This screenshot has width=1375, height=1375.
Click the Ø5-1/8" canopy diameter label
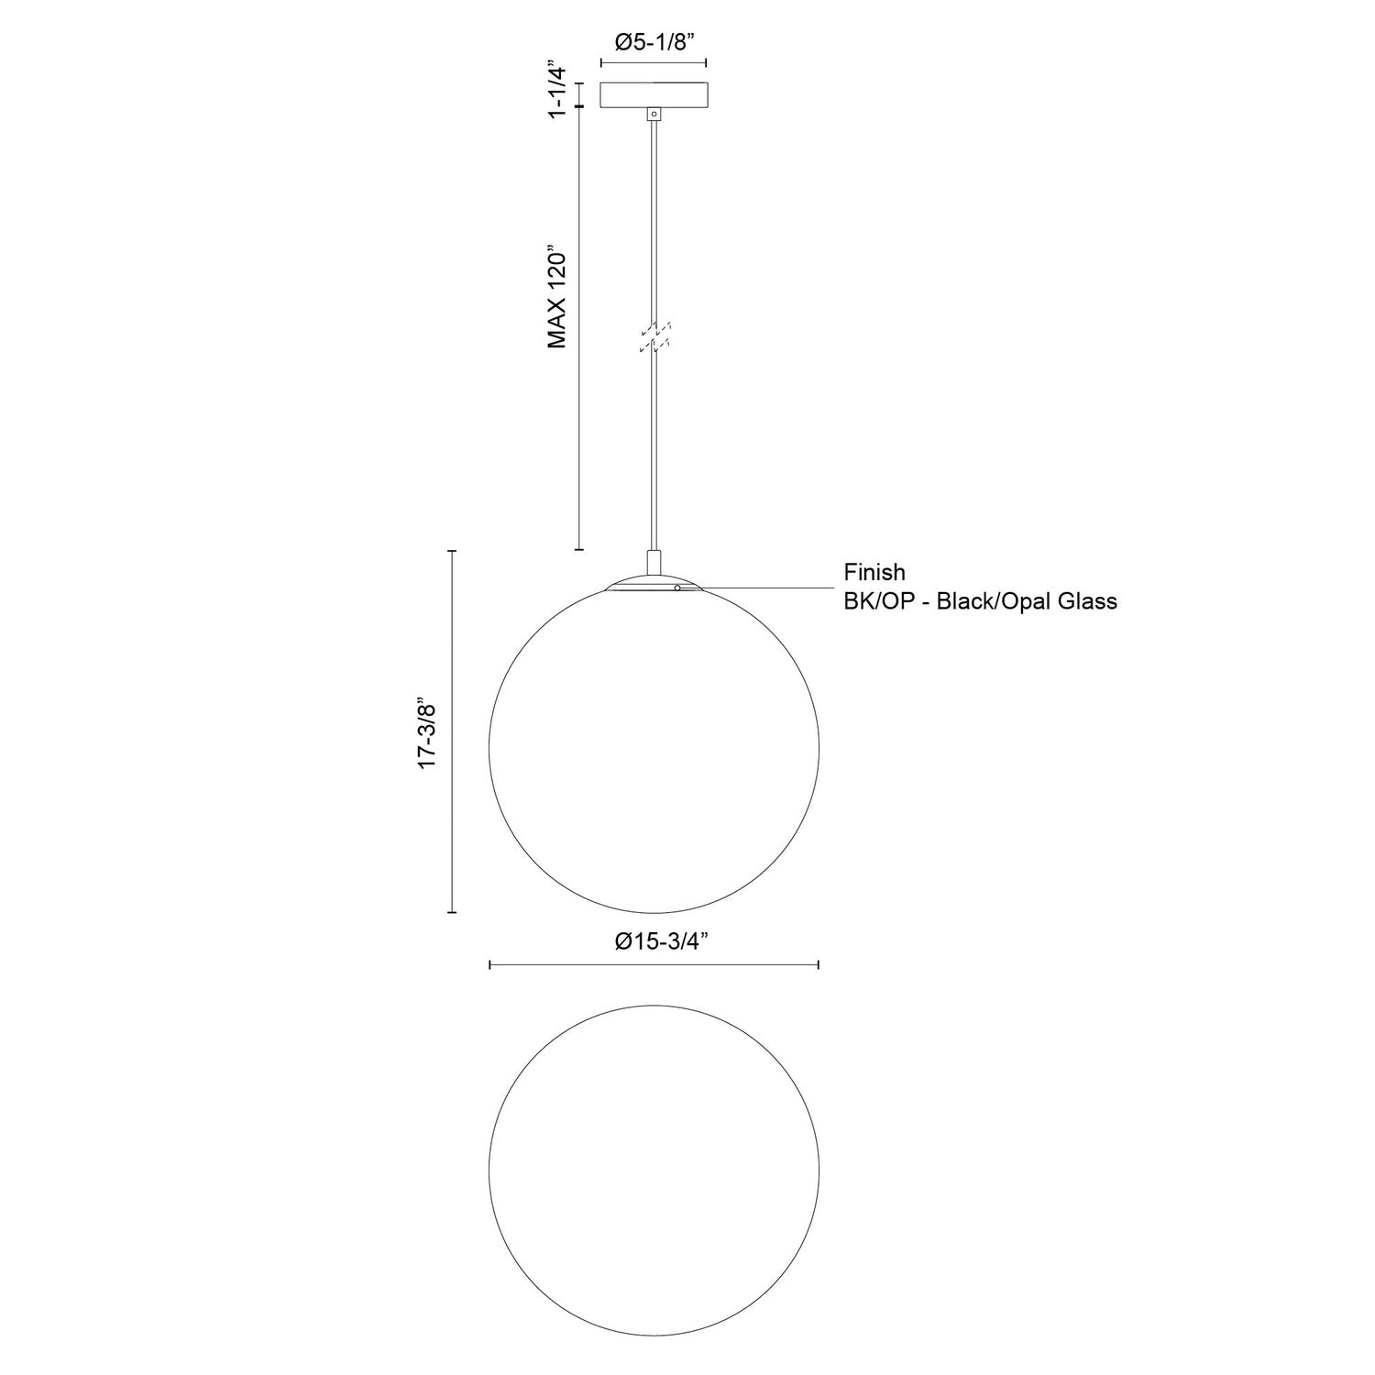(x=653, y=42)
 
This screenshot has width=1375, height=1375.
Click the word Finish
(x=874, y=573)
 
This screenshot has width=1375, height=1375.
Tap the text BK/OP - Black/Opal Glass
(x=980, y=601)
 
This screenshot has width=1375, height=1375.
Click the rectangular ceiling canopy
(x=653, y=95)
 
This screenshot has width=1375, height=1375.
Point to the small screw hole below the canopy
(x=654, y=115)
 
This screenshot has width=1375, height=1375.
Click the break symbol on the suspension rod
(x=654, y=335)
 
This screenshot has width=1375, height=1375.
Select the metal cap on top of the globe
(x=654, y=584)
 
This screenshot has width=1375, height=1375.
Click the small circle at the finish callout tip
(x=676, y=588)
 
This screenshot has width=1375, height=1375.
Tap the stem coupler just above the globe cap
(x=654, y=562)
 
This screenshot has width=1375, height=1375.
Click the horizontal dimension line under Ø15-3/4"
(x=654, y=965)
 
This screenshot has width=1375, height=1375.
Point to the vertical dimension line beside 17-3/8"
(x=452, y=731)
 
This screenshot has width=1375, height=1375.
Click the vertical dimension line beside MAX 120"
(x=578, y=330)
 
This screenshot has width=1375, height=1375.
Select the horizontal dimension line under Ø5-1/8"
(x=653, y=63)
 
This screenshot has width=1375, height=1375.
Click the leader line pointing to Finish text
(x=761, y=588)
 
